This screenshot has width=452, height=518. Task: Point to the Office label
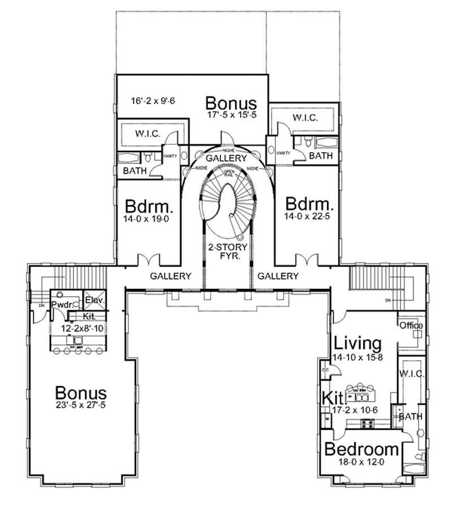pyautogui.click(x=411, y=326)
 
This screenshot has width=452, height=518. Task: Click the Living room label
pyautogui.click(x=358, y=343)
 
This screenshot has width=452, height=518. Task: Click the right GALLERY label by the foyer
pyautogui.click(x=277, y=276)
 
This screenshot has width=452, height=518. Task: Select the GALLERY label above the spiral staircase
pyautogui.click(x=226, y=158)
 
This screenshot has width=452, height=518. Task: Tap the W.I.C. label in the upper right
pyautogui.click(x=305, y=118)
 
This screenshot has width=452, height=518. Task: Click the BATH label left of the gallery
pyautogui.click(x=135, y=170)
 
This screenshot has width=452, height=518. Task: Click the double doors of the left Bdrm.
pyautogui.click(x=149, y=260)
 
